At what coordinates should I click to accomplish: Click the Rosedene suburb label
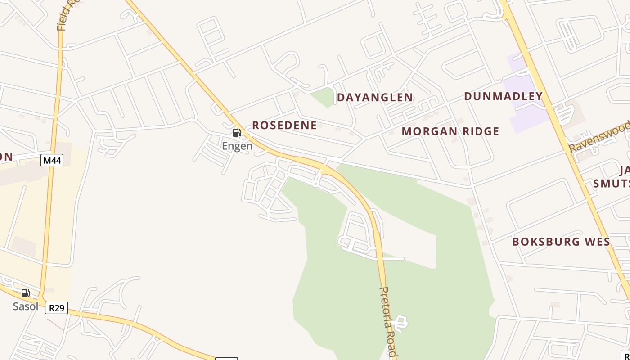(x=284, y=125)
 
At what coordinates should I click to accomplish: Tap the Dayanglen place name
(x=375, y=97)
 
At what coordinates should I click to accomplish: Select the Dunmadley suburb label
(x=503, y=96)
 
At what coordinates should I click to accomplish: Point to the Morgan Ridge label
(x=450, y=131)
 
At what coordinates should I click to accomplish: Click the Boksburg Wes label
(x=561, y=242)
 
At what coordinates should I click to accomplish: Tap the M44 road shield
(x=52, y=160)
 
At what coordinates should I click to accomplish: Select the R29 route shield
(x=56, y=308)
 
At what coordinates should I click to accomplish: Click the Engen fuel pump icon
(x=237, y=133)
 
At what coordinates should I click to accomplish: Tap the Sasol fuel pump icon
(x=26, y=293)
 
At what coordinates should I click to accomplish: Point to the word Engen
(x=237, y=146)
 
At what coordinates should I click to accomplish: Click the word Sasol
(x=25, y=306)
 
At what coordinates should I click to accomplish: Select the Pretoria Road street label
(x=388, y=322)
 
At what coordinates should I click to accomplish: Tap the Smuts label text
(x=611, y=184)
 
